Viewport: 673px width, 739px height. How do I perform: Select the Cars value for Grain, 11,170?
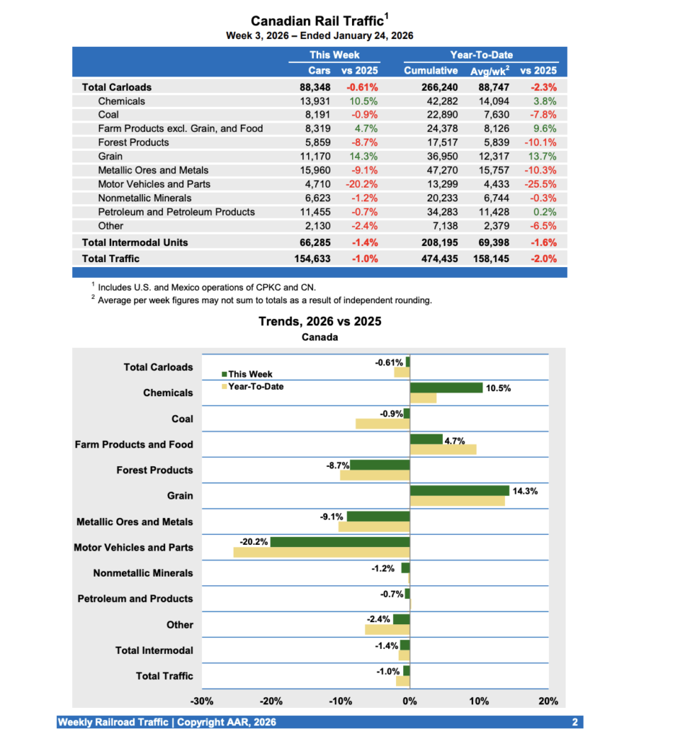coord(315,157)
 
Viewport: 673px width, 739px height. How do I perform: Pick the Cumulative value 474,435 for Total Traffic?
coord(431,258)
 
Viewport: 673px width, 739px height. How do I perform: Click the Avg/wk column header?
coord(488,71)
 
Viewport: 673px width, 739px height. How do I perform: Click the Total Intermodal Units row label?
coord(135,243)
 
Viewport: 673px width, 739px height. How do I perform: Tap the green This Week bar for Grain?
coord(459,491)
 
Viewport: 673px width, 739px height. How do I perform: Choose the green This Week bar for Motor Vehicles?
coord(340,542)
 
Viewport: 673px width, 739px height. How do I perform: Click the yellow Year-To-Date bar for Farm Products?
coord(443,450)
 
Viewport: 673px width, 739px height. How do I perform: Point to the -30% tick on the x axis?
coord(201,701)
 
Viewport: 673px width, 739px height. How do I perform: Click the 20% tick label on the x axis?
coord(548,701)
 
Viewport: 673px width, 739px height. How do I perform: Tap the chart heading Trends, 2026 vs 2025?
coord(320,322)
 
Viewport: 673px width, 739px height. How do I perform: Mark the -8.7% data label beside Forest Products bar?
coord(338,465)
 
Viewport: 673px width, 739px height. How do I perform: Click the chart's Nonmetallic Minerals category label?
coord(143,574)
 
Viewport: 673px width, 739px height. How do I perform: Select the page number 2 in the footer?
coord(575,722)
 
